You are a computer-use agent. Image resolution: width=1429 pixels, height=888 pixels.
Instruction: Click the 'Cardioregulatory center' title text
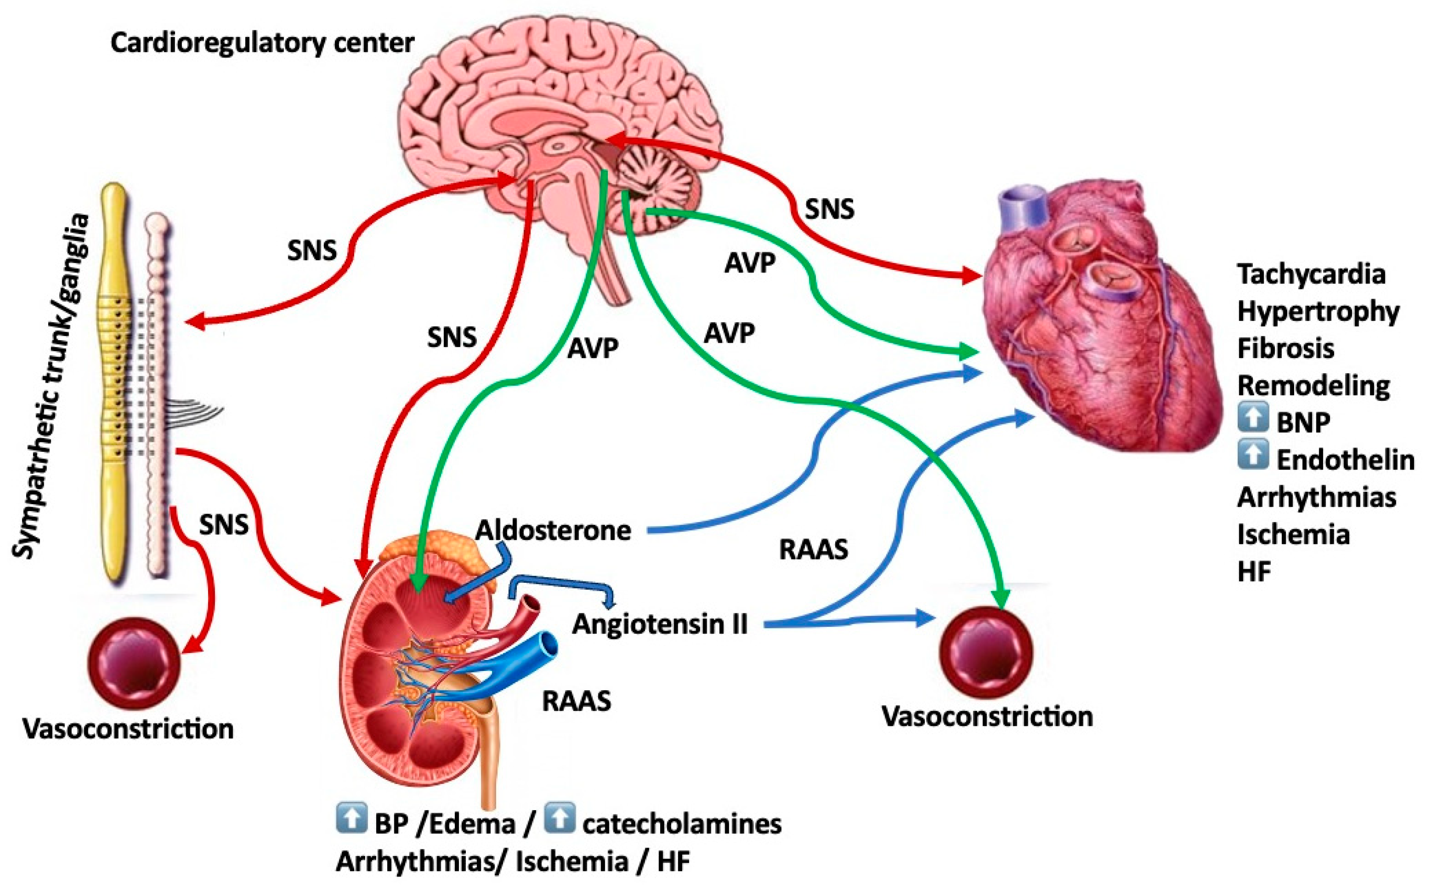click(262, 43)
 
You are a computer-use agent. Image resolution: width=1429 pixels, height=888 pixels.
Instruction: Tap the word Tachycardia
click(1311, 274)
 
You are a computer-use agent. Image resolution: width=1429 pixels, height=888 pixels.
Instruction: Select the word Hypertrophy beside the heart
click(1318, 311)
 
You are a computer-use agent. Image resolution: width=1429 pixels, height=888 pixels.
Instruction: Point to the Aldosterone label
click(553, 530)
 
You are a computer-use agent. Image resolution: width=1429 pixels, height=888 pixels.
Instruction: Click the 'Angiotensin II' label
click(659, 624)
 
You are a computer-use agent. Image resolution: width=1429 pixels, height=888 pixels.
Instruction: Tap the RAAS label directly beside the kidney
click(576, 701)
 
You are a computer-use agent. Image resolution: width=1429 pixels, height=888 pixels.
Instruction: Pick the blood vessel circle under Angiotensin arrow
click(986, 651)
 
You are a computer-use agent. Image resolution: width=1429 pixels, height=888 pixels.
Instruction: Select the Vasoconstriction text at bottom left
click(128, 729)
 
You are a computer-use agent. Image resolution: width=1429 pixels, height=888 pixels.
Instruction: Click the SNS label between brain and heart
click(829, 209)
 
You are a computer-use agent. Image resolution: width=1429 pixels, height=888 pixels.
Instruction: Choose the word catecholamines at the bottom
click(681, 823)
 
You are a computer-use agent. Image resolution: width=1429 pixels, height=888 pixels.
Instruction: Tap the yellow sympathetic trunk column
click(115, 382)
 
